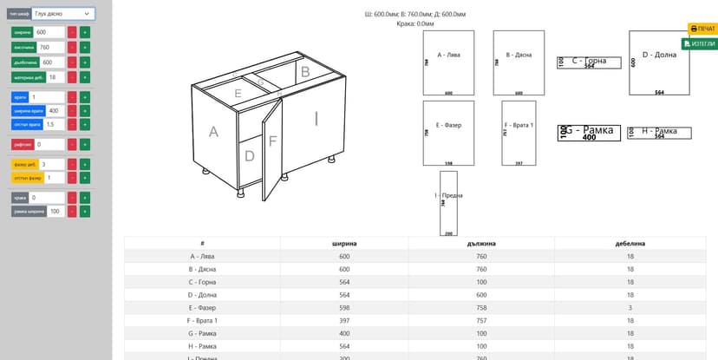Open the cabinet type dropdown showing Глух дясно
[63, 14]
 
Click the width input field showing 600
[49, 32]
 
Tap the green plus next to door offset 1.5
[85, 125]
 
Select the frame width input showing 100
[55, 211]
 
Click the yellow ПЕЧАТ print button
[702, 29]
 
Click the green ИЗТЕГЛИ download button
[700, 43]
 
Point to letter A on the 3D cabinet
[213, 132]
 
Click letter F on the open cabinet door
[272, 141]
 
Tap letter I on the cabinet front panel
[317, 119]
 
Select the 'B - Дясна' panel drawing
[519, 62]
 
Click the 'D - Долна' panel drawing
[659, 62]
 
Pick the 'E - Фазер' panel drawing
[448, 133]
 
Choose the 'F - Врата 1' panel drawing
[519, 133]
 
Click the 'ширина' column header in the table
[344, 244]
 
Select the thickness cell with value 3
[630, 308]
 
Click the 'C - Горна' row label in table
[202, 282]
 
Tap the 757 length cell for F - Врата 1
[481, 321]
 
